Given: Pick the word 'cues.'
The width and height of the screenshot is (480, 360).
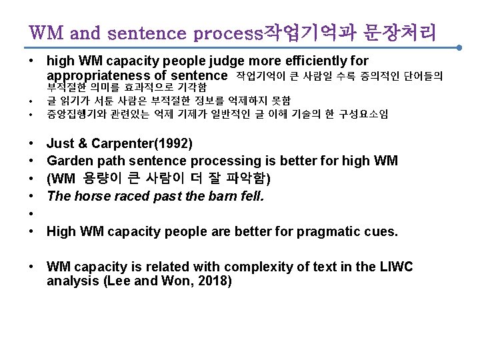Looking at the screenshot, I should (381, 232).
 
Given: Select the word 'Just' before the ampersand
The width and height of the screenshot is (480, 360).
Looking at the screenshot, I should (60, 143).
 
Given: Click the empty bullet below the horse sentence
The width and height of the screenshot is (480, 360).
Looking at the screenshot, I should (33, 214).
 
